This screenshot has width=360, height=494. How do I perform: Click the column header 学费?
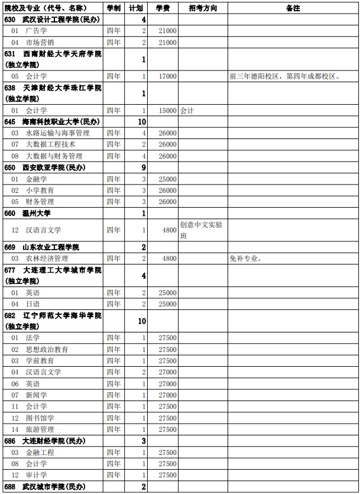163,8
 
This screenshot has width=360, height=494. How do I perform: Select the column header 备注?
293,8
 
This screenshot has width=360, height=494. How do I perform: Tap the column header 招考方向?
203,8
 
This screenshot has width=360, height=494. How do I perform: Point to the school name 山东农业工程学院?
50,247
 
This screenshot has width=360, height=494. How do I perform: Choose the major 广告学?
37,31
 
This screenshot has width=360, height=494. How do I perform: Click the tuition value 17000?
167,76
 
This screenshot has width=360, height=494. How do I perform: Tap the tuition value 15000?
167,110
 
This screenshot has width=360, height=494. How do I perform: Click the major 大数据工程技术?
50,144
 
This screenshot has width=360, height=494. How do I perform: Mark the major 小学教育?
41,191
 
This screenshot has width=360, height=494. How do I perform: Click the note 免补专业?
245,259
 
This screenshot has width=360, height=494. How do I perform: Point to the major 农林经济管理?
47,259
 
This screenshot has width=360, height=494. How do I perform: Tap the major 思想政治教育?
47,349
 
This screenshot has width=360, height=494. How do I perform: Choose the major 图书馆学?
41,418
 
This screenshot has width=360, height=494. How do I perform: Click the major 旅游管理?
41,430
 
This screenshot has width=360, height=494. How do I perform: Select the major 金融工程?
41,452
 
